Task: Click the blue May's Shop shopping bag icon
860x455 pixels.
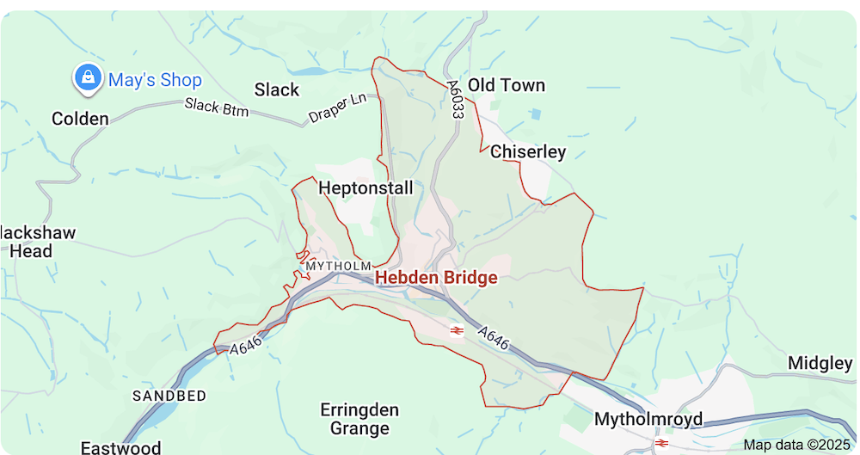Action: (87, 78)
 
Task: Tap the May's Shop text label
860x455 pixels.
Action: (155, 81)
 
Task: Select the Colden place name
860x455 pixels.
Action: (80, 119)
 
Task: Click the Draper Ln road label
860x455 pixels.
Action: (337, 108)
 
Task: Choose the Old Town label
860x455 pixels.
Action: (507, 85)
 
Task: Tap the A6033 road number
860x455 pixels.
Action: (455, 100)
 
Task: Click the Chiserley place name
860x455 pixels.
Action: (528, 152)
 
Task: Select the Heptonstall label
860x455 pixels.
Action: (365, 188)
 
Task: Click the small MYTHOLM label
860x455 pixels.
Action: (338, 267)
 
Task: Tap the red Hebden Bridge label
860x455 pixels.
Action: (436, 278)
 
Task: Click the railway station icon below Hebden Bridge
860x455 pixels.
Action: (456, 329)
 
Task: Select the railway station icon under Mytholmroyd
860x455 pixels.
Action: (661, 442)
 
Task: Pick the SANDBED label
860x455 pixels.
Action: (169, 396)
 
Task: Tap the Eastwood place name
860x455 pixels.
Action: (120, 447)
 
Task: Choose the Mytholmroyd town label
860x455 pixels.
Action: (648, 420)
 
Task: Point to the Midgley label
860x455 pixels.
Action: (819, 364)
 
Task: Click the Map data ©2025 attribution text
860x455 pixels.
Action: (795, 445)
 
